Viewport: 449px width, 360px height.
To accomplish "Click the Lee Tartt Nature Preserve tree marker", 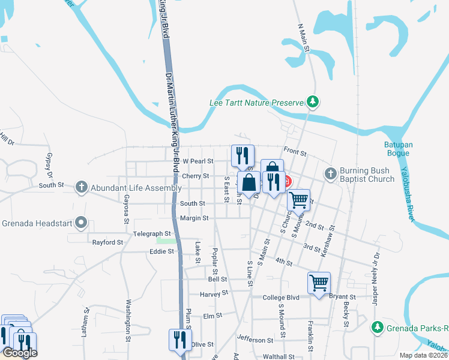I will pos(312,103).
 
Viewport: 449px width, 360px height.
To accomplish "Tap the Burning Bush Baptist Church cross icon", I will pos(330,174).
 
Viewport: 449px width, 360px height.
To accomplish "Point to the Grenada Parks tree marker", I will pos(377,328).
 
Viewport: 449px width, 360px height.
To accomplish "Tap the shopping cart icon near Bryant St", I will pos(319,283).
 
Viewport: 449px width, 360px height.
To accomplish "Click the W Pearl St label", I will pos(198,161).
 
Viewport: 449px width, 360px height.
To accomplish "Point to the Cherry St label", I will pos(195,176).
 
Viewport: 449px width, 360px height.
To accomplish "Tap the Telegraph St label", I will pos(152,233).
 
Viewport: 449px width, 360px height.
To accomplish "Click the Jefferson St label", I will pos(255,340).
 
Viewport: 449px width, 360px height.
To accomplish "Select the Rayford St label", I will pos(107,243).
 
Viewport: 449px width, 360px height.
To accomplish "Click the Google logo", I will pos(20,353).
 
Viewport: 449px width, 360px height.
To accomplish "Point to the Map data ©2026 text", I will pos(423,355).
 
